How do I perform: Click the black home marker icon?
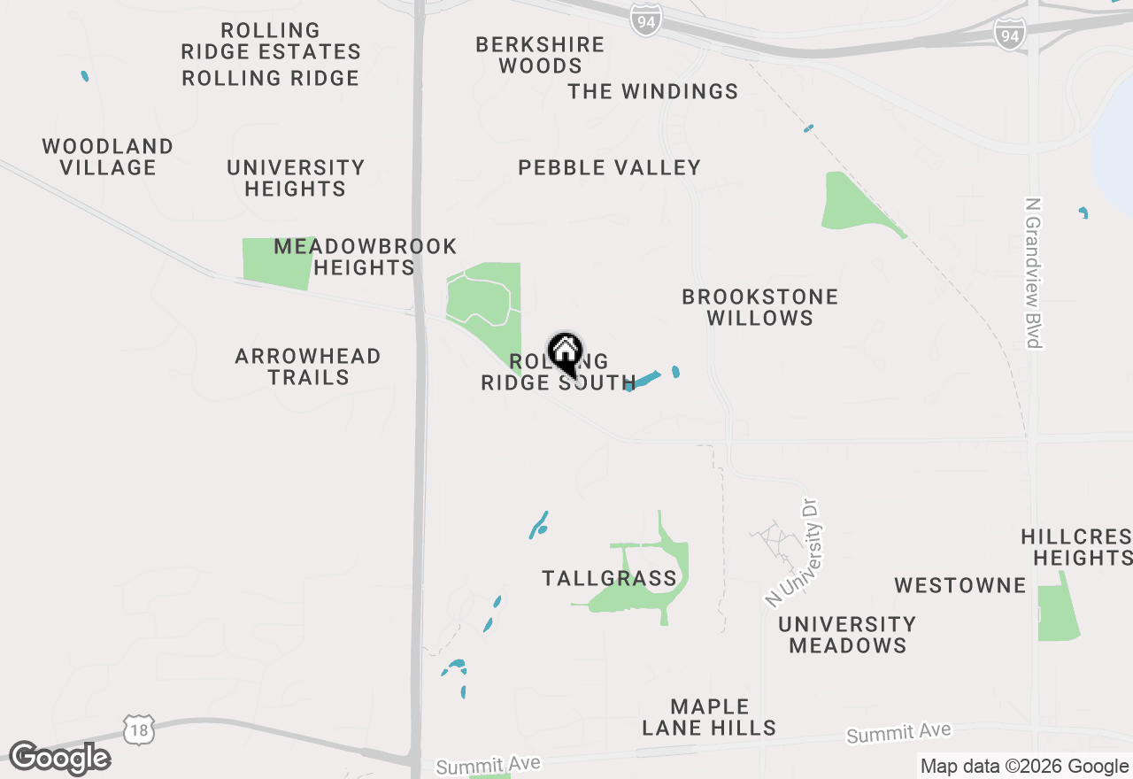pyautogui.click(x=565, y=352)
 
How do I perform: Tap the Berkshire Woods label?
pyautogui.click(x=540, y=55)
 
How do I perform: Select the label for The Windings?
pyautogui.click(x=653, y=91)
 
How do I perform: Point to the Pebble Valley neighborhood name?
pyautogui.click(x=610, y=167)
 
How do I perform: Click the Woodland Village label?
pyautogui.click(x=108, y=157)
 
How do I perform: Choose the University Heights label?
pyautogui.click(x=296, y=178)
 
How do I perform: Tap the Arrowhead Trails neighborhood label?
pyautogui.click(x=308, y=366)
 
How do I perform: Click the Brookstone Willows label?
pyautogui.click(x=759, y=307)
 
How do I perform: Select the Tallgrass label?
pyautogui.click(x=609, y=579)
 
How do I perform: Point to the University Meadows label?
pyautogui.click(x=847, y=635)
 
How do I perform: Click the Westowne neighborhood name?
pyautogui.click(x=960, y=585)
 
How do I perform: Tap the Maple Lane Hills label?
pyautogui.click(x=709, y=717)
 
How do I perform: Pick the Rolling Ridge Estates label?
pyautogui.click(x=271, y=42)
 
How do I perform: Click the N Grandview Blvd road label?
pyautogui.click(x=1033, y=273)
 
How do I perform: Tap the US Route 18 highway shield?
pyautogui.click(x=138, y=729)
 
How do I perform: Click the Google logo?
pyautogui.click(x=59, y=759)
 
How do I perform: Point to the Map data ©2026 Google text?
pyautogui.click(x=1024, y=767)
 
